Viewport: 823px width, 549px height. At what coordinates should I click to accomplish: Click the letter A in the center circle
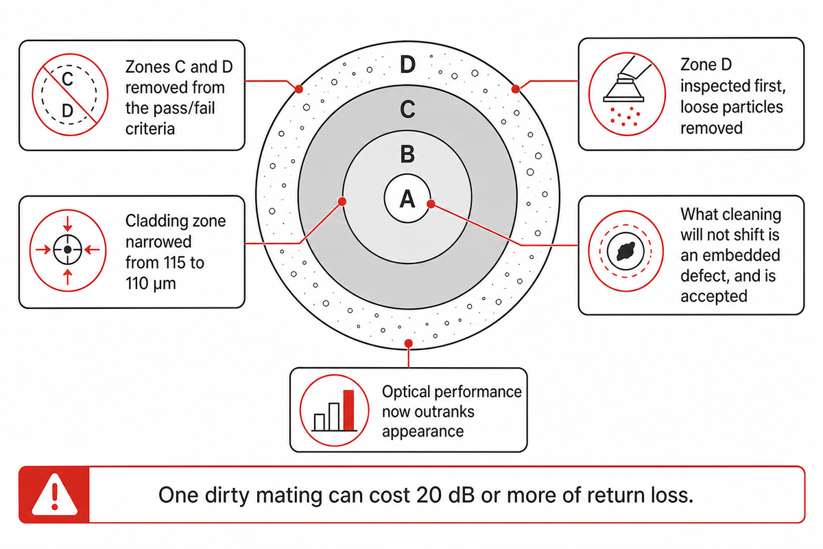pyautogui.click(x=407, y=199)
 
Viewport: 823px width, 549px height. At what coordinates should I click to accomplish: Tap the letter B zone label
pyautogui.click(x=407, y=154)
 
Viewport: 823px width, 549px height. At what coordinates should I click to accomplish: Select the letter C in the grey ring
pyautogui.click(x=407, y=109)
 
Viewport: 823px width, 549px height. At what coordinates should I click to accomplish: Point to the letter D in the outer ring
pyautogui.click(x=407, y=65)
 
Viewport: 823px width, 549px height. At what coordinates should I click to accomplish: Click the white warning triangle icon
pyautogui.click(x=54, y=495)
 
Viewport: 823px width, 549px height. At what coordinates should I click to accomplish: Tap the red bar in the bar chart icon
pyautogui.click(x=348, y=410)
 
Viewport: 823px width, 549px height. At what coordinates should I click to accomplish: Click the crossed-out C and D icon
pyautogui.click(x=70, y=95)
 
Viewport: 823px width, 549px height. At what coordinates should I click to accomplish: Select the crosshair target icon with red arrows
pyautogui.click(x=68, y=250)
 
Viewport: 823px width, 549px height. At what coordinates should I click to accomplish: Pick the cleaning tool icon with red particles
pyautogui.click(x=627, y=94)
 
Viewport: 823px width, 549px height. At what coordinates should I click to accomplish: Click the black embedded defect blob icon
pyautogui.click(x=625, y=251)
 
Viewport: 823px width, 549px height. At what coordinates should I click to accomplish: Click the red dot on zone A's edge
pyautogui.click(x=431, y=204)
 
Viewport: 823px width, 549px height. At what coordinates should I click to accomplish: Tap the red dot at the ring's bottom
pyautogui.click(x=408, y=343)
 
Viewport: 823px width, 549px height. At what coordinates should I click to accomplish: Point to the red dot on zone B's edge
pyautogui.click(x=342, y=202)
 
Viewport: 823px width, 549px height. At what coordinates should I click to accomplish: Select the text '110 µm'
pyautogui.click(x=151, y=284)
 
